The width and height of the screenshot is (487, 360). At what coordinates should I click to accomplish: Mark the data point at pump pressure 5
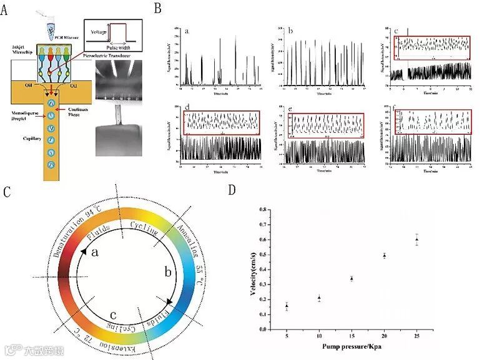[x=287, y=306]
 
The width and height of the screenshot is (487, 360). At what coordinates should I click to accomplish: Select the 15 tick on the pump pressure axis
[x=352, y=337]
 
